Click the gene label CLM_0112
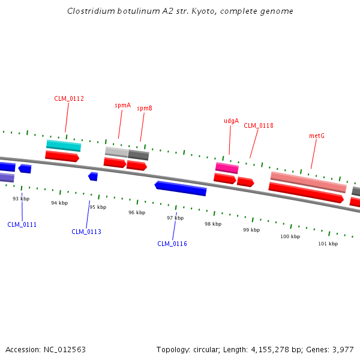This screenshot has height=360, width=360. (x=69, y=98)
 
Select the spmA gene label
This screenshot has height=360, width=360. (x=123, y=105)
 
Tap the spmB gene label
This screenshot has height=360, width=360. (x=145, y=108)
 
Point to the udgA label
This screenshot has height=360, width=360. (x=231, y=121)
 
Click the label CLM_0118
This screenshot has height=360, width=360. (x=259, y=125)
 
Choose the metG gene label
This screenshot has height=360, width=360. (x=317, y=136)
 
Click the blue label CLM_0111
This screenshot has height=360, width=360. (x=22, y=224)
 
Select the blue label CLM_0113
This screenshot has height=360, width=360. (x=86, y=232)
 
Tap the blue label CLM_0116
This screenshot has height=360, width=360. (x=172, y=244)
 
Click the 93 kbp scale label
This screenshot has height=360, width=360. (x=21, y=199)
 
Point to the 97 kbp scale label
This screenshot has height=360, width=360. (x=175, y=218)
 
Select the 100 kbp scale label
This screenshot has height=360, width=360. (x=290, y=236)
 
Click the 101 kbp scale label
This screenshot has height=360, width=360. (x=328, y=244)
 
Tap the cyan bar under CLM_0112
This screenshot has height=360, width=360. (x=64, y=146)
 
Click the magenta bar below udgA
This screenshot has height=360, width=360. (x=227, y=168)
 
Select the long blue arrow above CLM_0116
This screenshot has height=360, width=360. (x=181, y=188)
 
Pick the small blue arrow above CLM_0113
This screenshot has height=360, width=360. (x=93, y=176)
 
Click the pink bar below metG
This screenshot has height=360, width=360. (x=308, y=182)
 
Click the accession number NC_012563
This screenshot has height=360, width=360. (x=64, y=349)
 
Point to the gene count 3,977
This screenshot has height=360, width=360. (x=342, y=349)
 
